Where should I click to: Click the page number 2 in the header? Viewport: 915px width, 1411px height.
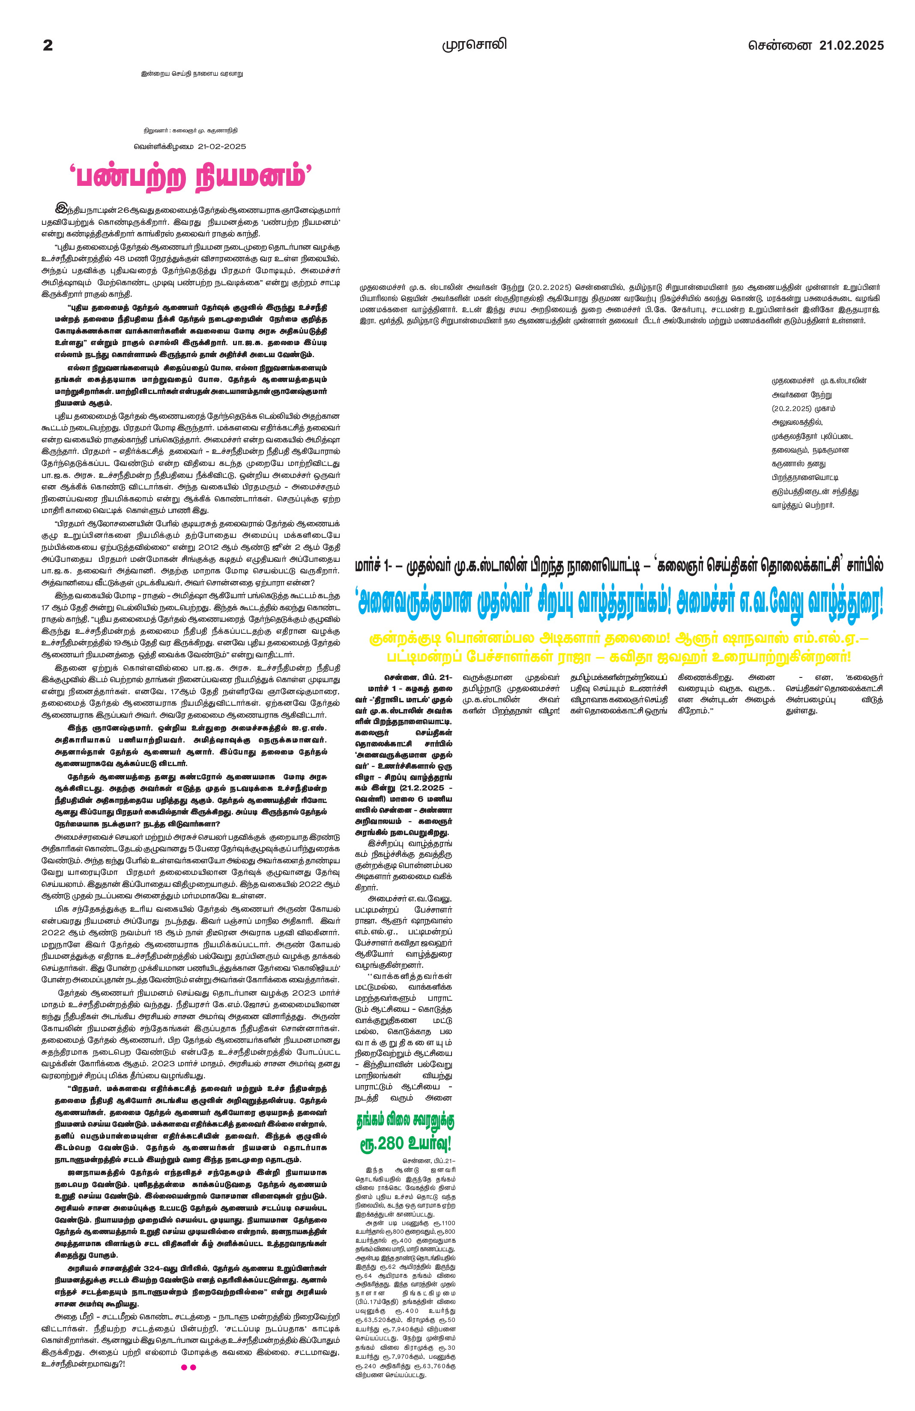(48, 46)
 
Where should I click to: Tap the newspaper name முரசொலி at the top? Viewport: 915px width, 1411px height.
(474, 45)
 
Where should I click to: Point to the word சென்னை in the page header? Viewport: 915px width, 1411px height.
(779, 46)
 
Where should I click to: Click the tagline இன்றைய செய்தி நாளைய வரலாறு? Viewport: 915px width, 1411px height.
(192, 74)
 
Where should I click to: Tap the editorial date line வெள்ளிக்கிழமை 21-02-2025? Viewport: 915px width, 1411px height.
(190, 146)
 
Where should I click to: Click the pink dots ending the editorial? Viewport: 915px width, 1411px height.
(188, 1367)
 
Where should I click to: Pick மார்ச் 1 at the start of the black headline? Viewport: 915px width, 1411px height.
(372, 566)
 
